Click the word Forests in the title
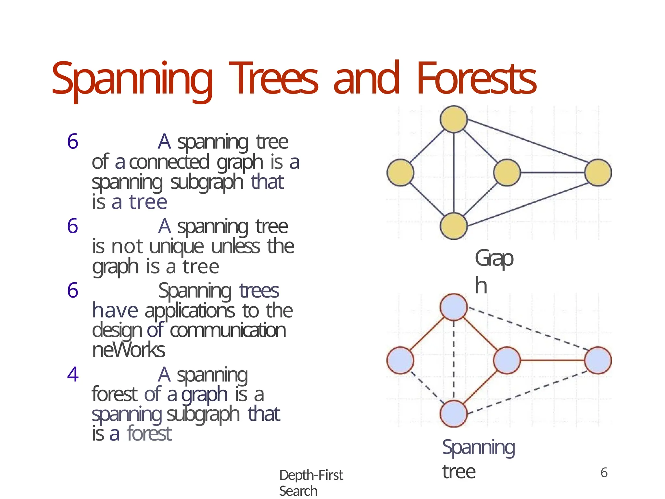click(x=476, y=79)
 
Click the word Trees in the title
click(x=273, y=79)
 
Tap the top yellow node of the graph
click(x=454, y=119)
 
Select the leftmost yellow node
click(x=400, y=173)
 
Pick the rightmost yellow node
click(x=598, y=173)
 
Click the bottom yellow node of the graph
click(x=454, y=226)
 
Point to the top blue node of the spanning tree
click(x=454, y=307)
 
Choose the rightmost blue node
click(x=598, y=360)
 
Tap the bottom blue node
click(x=454, y=414)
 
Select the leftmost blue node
click(x=400, y=360)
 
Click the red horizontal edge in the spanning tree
click(x=552, y=360)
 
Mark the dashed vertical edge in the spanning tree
click(x=454, y=361)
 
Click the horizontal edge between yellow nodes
click(x=552, y=173)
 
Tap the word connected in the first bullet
click(x=169, y=162)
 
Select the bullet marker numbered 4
click(x=73, y=374)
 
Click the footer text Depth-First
click(x=311, y=475)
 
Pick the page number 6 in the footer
click(x=604, y=473)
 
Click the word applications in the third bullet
click(x=190, y=311)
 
